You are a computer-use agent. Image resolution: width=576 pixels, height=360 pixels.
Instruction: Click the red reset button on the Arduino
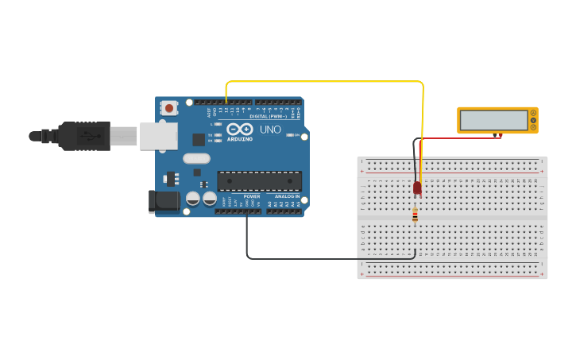(168, 107)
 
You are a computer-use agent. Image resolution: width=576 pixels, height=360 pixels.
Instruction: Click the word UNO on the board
(270, 130)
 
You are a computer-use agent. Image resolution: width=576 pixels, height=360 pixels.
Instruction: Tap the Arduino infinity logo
(239, 129)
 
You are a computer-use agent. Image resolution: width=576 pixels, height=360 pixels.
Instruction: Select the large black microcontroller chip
(259, 181)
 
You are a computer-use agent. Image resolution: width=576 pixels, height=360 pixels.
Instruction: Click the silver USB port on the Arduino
(158, 136)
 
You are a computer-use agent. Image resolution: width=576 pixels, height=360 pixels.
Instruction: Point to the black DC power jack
(164, 201)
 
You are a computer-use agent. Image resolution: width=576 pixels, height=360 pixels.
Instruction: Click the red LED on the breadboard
(417, 188)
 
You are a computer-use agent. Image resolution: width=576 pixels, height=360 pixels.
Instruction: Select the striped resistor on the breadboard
(415, 215)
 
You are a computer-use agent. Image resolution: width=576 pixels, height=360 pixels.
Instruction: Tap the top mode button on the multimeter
(533, 114)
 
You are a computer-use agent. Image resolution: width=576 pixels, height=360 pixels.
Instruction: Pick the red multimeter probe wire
(461, 138)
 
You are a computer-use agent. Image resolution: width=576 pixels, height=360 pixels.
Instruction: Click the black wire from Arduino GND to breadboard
(318, 258)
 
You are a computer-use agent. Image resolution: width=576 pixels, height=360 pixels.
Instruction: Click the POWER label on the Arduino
(252, 196)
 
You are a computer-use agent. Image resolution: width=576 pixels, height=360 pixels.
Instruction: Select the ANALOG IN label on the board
(287, 196)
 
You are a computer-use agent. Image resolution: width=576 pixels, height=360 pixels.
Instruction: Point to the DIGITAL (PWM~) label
(268, 116)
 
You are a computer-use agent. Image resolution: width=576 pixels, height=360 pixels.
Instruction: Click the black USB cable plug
(83, 136)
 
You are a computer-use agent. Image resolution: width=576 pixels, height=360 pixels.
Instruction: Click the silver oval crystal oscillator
(196, 158)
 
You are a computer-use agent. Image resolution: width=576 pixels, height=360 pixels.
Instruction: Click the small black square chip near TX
(198, 140)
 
